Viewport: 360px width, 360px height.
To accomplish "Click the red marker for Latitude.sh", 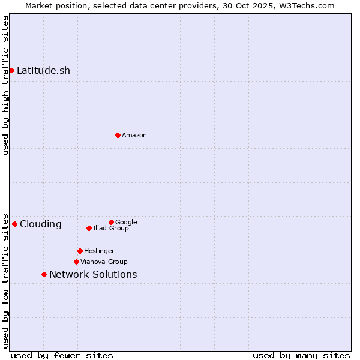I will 11,70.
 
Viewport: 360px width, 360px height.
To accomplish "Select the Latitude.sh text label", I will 43,70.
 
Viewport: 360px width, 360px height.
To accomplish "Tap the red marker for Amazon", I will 118,135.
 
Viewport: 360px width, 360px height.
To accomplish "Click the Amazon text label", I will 134,135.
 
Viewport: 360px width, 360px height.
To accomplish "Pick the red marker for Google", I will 111,222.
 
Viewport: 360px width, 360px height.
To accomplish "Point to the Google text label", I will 126,222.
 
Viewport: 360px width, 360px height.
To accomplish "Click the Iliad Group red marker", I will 89,228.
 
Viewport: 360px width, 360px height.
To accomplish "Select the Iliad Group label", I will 110,228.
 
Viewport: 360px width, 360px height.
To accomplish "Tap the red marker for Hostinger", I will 80,251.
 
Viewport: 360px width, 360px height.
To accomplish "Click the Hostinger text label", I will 99,251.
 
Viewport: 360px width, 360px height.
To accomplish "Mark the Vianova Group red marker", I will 76,262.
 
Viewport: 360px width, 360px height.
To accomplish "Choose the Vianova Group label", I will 104,262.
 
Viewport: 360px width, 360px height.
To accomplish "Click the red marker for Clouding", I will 14,224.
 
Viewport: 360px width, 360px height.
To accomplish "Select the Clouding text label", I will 40,224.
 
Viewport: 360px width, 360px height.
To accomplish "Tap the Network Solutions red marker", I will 44,274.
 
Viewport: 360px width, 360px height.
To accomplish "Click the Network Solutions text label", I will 93,274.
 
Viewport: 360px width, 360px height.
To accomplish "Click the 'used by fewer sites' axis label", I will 62,355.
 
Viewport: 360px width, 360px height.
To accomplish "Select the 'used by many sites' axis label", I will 301,355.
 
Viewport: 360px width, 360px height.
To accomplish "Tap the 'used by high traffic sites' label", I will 5,86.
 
